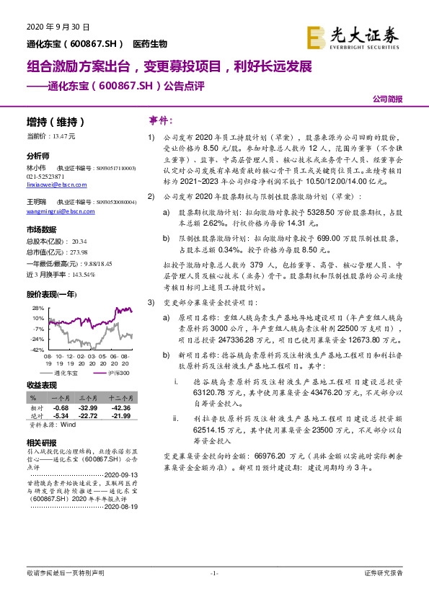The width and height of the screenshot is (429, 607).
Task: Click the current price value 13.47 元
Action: click(x=62, y=136)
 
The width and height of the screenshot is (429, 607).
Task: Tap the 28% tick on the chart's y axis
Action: click(x=37, y=308)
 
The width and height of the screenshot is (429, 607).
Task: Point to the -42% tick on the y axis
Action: click(x=37, y=349)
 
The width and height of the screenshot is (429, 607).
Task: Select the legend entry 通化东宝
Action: click(x=63, y=373)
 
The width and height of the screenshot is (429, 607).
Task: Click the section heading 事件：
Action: click(x=160, y=120)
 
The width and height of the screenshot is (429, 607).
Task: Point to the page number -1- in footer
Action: click(x=214, y=573)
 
